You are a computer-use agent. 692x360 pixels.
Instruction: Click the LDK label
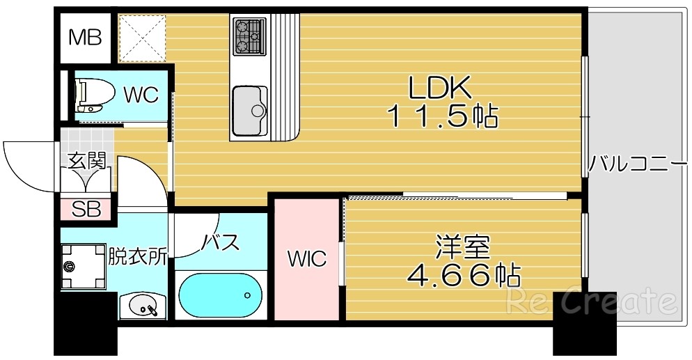point(440,88)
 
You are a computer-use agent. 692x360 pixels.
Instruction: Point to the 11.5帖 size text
point(442,116)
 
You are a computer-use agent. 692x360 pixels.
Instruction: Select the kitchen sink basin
point(250,110)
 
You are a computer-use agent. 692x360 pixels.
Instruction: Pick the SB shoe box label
point(86,208)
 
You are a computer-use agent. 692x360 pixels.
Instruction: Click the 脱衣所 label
point(137,257)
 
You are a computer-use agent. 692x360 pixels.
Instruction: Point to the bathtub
point(220,295)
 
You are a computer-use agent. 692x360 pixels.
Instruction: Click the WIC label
point(307,260)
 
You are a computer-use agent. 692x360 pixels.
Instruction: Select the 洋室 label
point(462,249)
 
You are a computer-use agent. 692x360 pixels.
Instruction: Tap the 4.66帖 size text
point(462,277)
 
